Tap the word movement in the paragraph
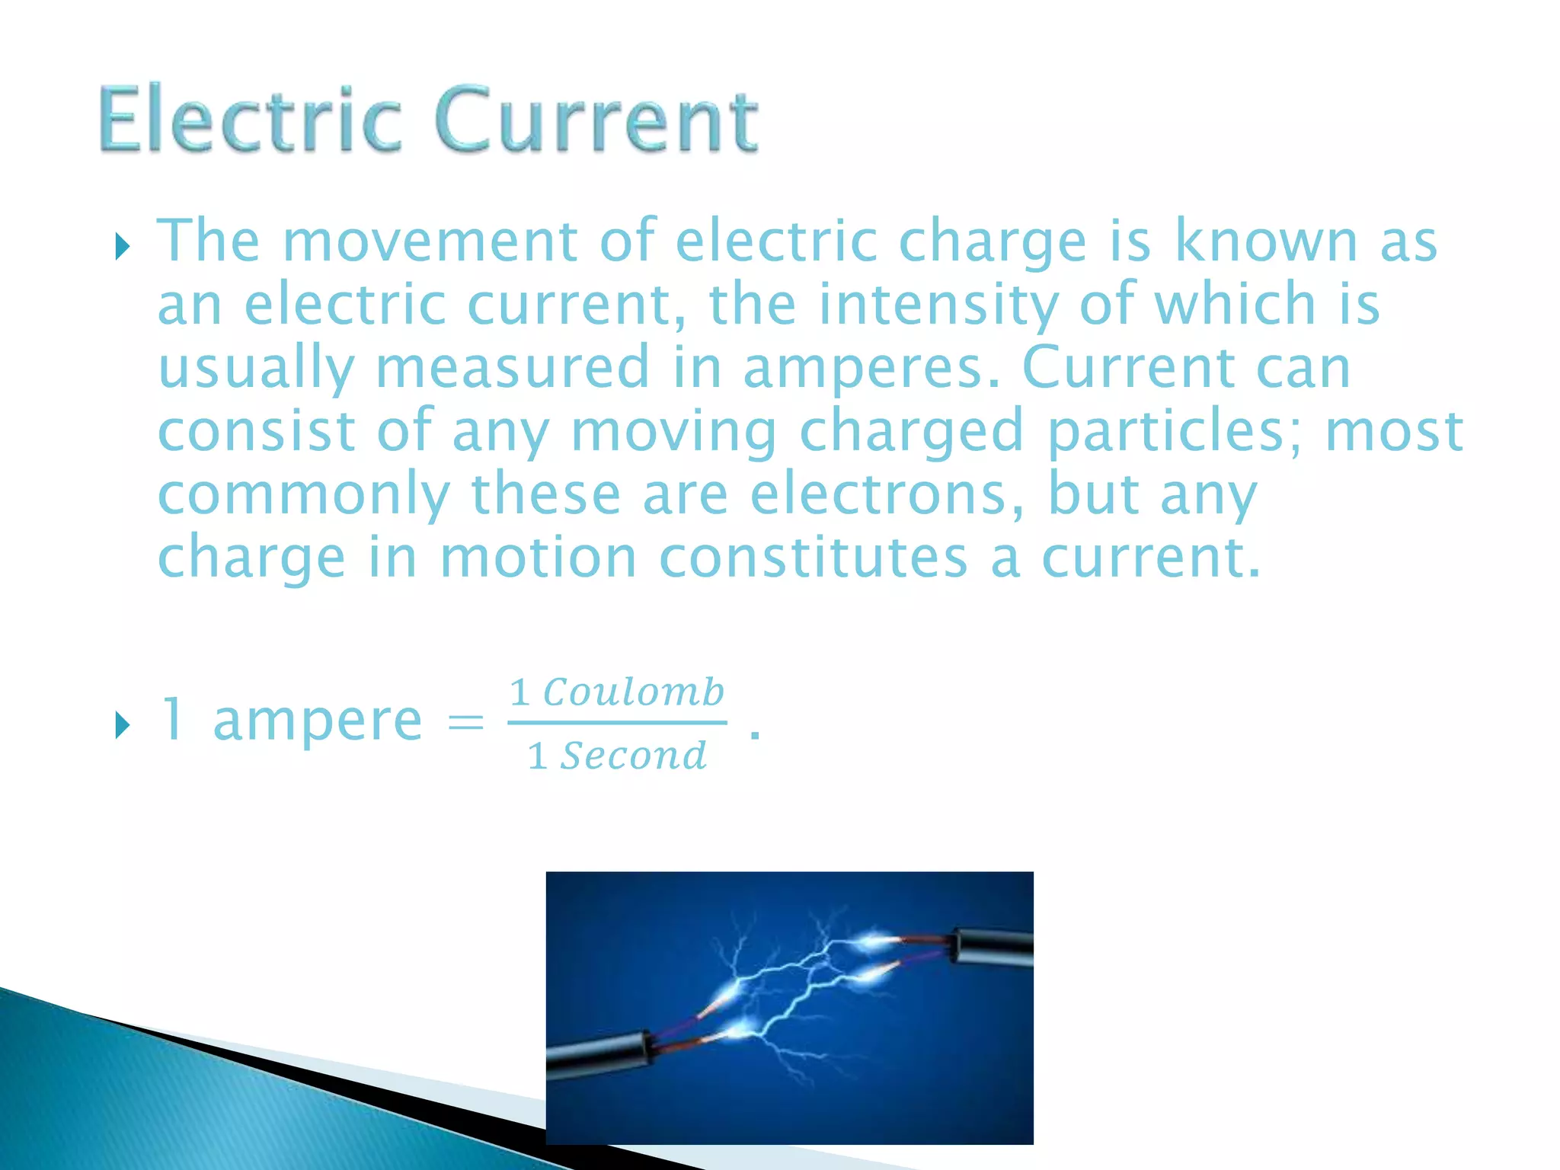[x=430, y=241]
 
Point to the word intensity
[x=938, y=305]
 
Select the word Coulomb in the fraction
[x=633, y=692]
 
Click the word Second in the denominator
[x=633, y=756]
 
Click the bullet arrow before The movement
[x=122, y=247]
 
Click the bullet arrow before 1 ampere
[x=122, y=725]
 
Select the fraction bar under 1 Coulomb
[x=617, y=723]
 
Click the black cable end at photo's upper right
[x=994, y=947]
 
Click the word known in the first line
[x=1265, y=241]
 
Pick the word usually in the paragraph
[x=256, y=369]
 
